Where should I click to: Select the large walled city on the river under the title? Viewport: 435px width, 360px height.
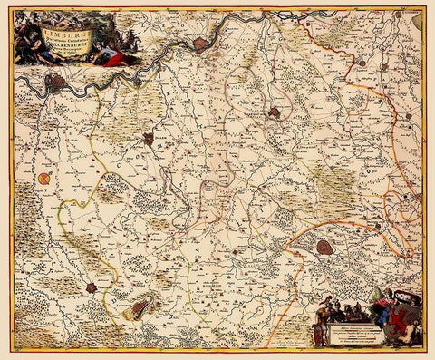[57, 83]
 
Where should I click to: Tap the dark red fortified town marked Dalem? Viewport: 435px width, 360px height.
[148, 140]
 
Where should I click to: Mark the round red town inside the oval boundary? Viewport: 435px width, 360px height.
[275, 113]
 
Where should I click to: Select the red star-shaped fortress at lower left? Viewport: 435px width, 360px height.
[92, 287]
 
